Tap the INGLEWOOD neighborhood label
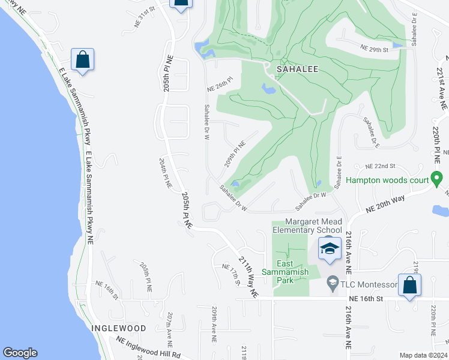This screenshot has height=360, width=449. (x=119, y=328)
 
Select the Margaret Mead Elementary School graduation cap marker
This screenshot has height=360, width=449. (x=329, y=248)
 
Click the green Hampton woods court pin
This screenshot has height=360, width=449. (x=437, y=179)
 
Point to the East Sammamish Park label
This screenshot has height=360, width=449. (x=292, y=268)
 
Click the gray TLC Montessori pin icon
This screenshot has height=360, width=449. (x=331, y=281)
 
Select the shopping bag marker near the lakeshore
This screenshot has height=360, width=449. (x=82, y=59)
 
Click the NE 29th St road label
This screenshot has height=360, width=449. (x=375, y=48)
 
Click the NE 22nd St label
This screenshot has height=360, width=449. (x=381, y=166)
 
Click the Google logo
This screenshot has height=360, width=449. (x=20, y=353)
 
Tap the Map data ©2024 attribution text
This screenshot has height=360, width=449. (x=423, y=355)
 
